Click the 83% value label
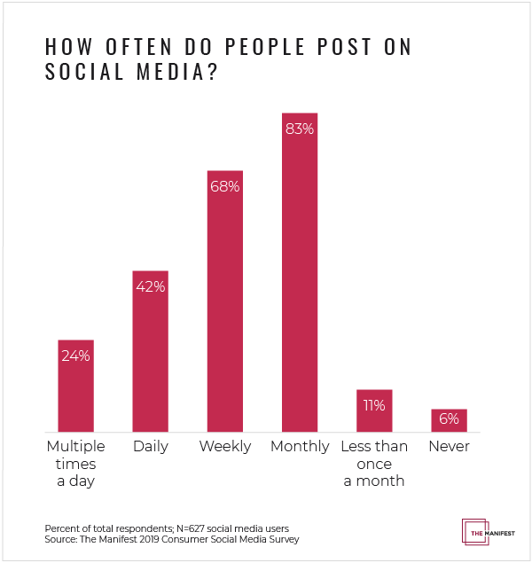[299, 129]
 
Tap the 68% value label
[224, 186]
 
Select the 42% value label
[150, 286]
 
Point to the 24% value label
[75, 356]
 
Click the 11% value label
[373, 405]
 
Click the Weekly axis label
[224, 446]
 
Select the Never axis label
[449, 446]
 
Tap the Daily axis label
[150, 446]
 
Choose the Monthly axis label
[300, 446]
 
